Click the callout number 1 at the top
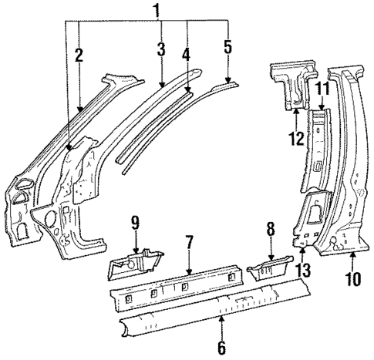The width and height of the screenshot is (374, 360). pyautogui.click(x=157, y=11)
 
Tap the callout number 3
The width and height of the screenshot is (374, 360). pyautogui.click(x=160, y=50)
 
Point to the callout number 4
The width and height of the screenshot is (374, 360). pyautogui.click(x=187, y=55)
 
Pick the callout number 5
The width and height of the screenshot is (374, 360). pyautogui.click(x=227, y=48)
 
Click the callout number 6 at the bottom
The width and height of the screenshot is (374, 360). pyautogui.click(x=221, y=347)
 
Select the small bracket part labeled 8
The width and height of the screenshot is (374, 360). pyautogui.click(x=269, y=269)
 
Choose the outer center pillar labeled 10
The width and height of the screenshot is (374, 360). pyautogui.click(x=346, y=170)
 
